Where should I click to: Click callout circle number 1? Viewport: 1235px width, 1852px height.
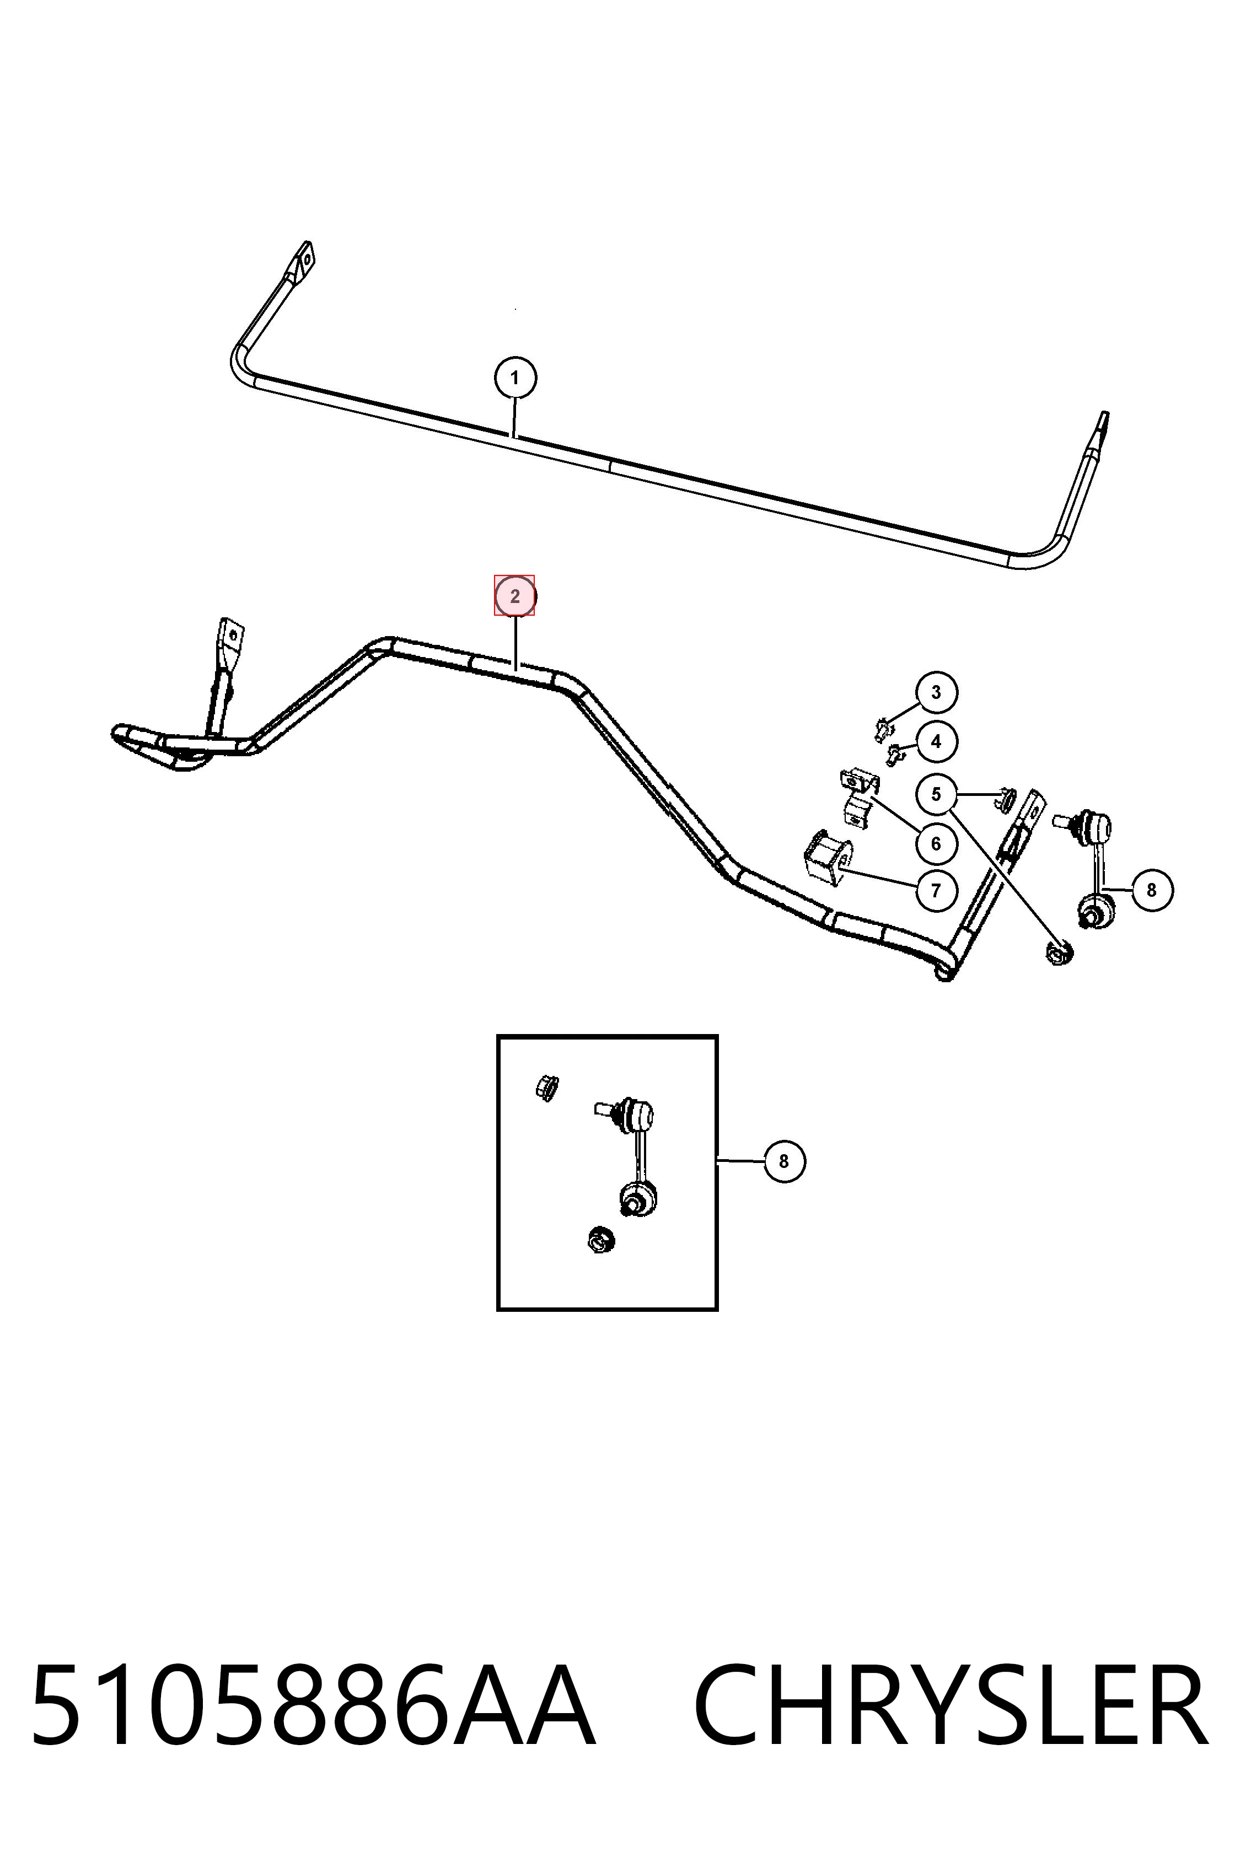click(515, 378)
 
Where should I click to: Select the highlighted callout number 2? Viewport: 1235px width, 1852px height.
click(515, 596)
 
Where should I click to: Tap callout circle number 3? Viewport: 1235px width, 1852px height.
click(936, 692)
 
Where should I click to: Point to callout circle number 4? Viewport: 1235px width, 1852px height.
click(936, 741)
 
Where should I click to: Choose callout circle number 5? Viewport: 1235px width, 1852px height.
click(936, 794)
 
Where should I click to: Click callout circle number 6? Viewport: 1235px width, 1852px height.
click(936, 843)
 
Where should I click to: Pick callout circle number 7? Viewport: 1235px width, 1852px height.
click(936, 891)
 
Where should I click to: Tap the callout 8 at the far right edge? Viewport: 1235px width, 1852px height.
click(1152, 890)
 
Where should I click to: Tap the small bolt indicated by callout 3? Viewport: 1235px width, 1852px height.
click(882, 728)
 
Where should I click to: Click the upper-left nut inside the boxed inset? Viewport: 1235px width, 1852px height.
click(546, 1087)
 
